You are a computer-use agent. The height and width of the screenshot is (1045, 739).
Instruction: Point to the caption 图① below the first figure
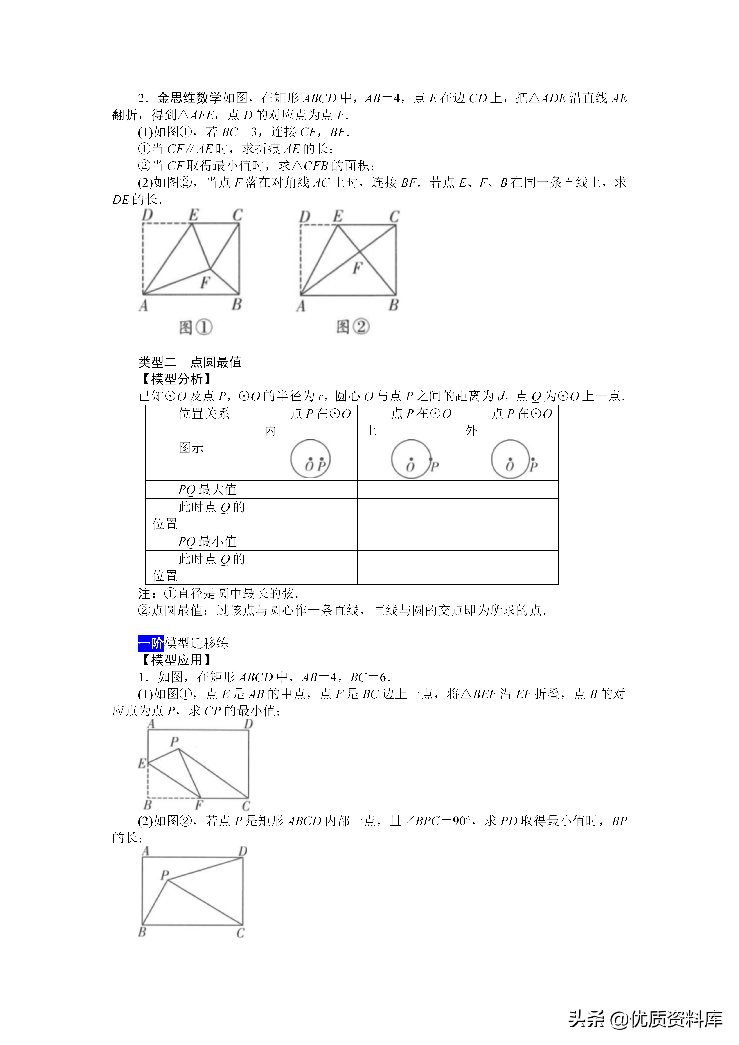pyautogui.click(x=196, y=327)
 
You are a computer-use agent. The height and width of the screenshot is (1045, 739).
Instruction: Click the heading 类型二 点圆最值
pyautogui.click(x=190, y=362)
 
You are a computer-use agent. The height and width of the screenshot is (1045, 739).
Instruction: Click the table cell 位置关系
pyautogui.click(x=204, y=414)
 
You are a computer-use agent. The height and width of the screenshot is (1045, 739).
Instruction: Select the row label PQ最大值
pyautogui.click(x=207, y=490)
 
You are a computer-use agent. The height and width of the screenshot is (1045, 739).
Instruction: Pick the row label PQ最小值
pyautogui.click(x=207, y=542)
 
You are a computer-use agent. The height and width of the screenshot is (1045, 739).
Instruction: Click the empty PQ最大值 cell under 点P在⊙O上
pyautogui.click(x=408, y=490)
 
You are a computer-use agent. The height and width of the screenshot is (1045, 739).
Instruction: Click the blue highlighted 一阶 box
pyautogui.click(x=151, y=643)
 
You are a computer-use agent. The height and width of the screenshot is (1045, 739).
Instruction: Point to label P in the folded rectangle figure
pyautogui.click(x=174, y=742)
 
